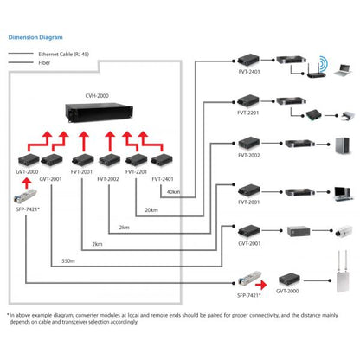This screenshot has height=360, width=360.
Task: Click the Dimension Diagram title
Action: [36, 38]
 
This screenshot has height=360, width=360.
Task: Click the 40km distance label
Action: [173, 191]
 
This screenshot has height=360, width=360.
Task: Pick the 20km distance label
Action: [151, 210]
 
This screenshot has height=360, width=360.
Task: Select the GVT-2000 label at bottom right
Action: [287, 292]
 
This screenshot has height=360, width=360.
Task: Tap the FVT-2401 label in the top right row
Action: [249, 74]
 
